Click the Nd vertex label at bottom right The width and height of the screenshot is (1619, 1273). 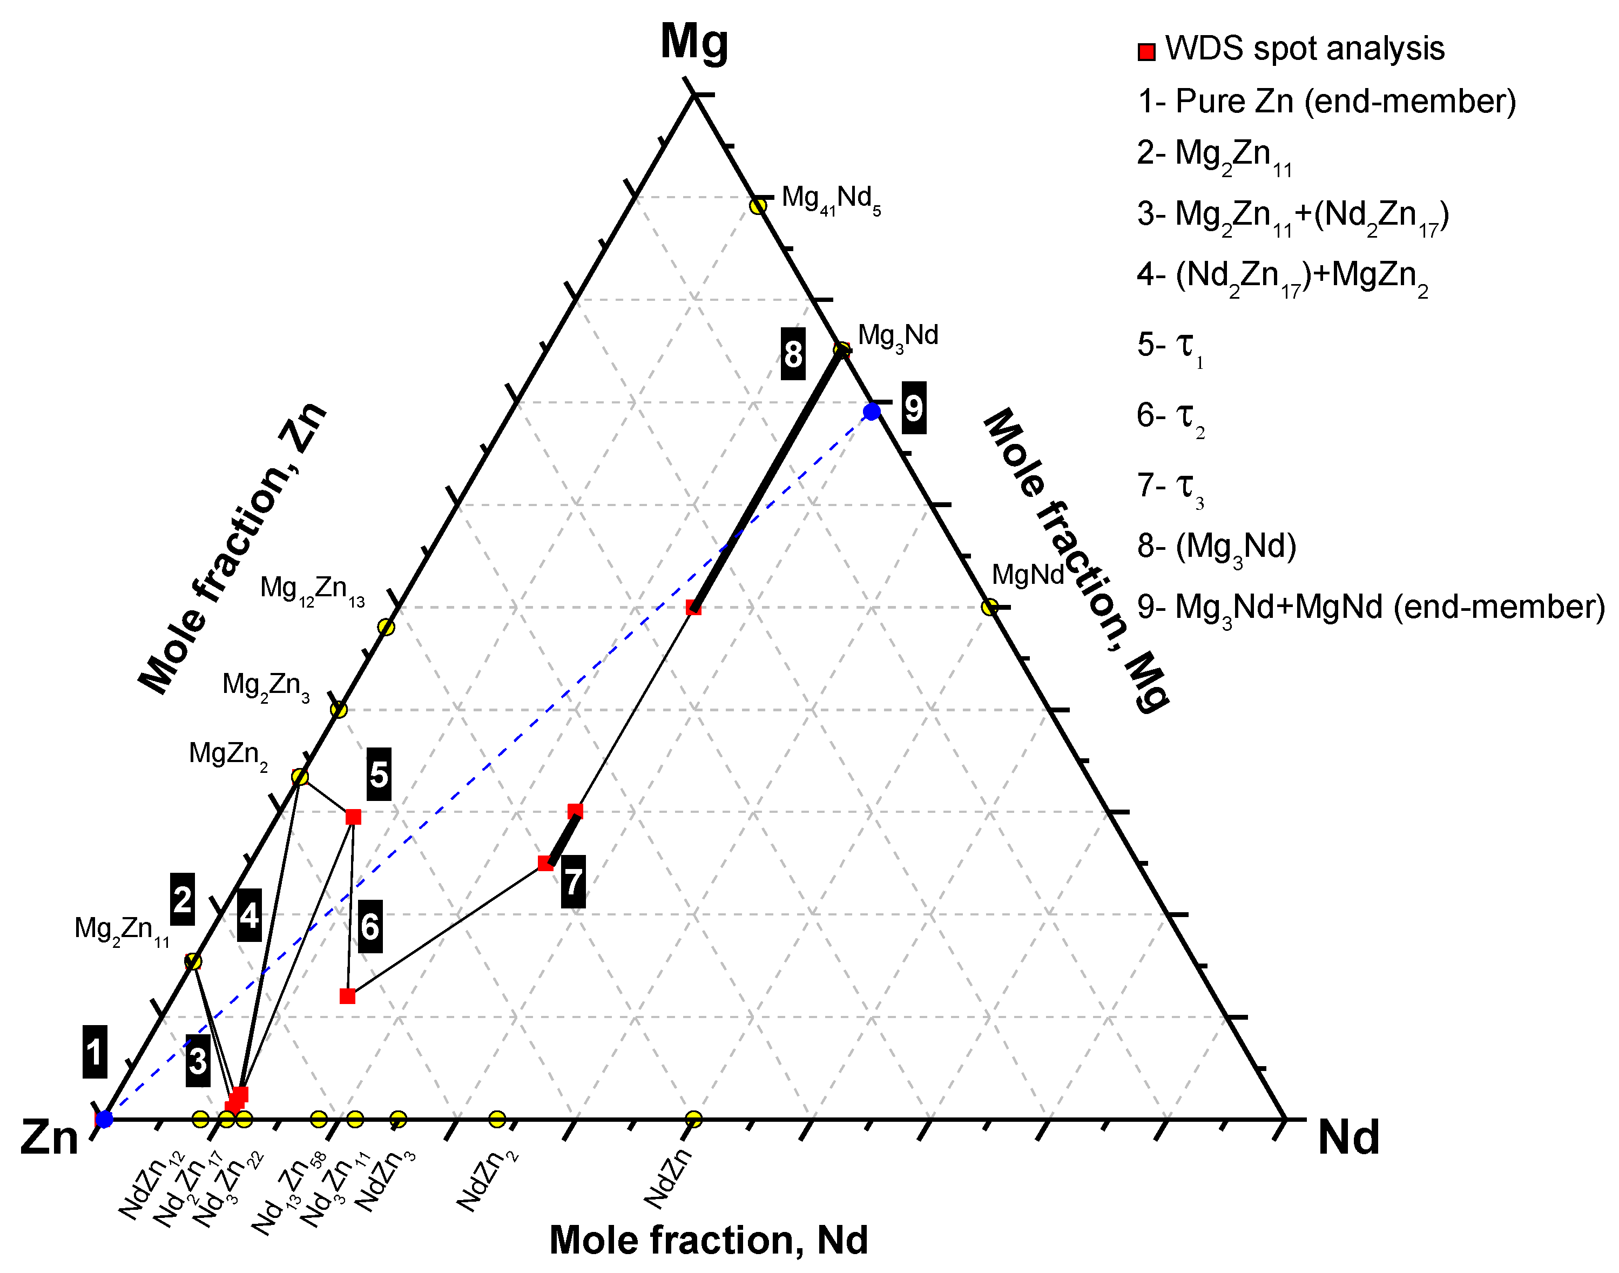[x=1348, y=1137]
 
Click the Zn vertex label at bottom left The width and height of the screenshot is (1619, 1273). [x=49, y=1137]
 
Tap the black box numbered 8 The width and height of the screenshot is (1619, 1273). [x=793, y=354]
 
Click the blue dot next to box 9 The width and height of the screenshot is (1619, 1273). [x=872, y=412]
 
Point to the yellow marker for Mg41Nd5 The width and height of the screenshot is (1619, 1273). [x=758, y=206]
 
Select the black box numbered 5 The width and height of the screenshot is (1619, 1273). [x=379, y=775]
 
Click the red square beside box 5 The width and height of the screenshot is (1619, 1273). [x=353, y=817]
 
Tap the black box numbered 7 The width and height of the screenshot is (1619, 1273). [x=572, y=883]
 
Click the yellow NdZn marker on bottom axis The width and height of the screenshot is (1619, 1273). [x=693, y=1119]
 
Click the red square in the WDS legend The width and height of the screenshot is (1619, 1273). [x=1146, y=51]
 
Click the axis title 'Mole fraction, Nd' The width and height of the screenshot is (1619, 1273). [x=708, y=1240]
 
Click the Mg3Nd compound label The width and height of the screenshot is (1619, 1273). [x=898, y=336]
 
